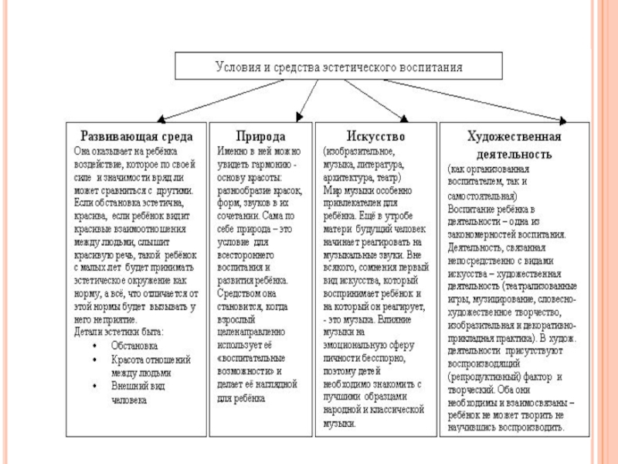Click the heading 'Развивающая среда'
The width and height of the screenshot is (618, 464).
(x=133, y=135)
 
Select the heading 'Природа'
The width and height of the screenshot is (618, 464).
(x=260, y=135)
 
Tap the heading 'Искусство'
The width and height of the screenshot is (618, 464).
(x=376, y=135)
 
